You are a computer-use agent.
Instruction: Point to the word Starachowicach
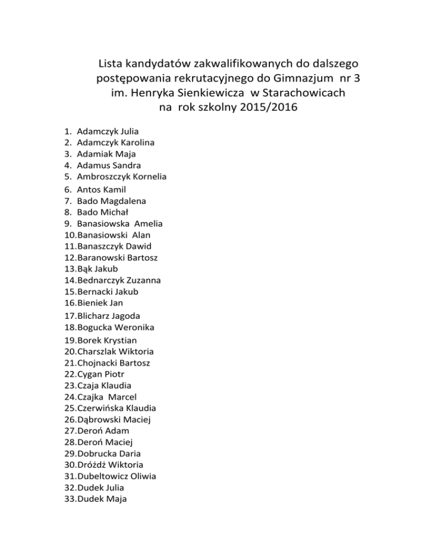coord(304,91)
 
